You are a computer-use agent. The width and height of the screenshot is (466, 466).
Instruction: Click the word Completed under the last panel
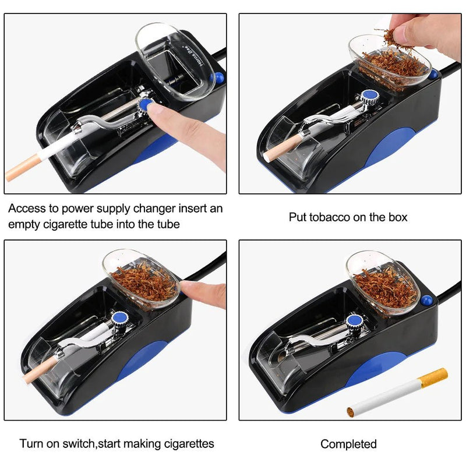click(x=348, y=444)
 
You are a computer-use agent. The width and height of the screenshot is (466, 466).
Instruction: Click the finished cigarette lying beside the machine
click(x=396, y=393)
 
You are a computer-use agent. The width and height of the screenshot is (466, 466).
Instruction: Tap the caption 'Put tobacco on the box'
click(x=348, y=217)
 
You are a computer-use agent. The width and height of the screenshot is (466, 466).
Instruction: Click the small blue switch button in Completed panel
click(x=427, y=301)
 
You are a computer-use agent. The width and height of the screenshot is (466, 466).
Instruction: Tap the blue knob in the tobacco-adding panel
click(x=368, y=97)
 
